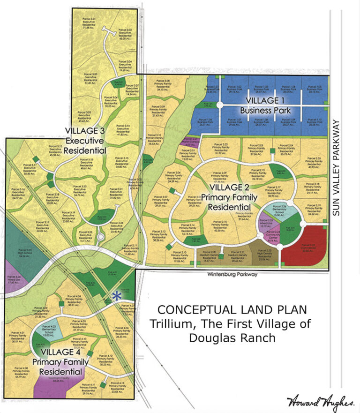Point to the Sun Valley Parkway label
(x=335, y=168)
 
